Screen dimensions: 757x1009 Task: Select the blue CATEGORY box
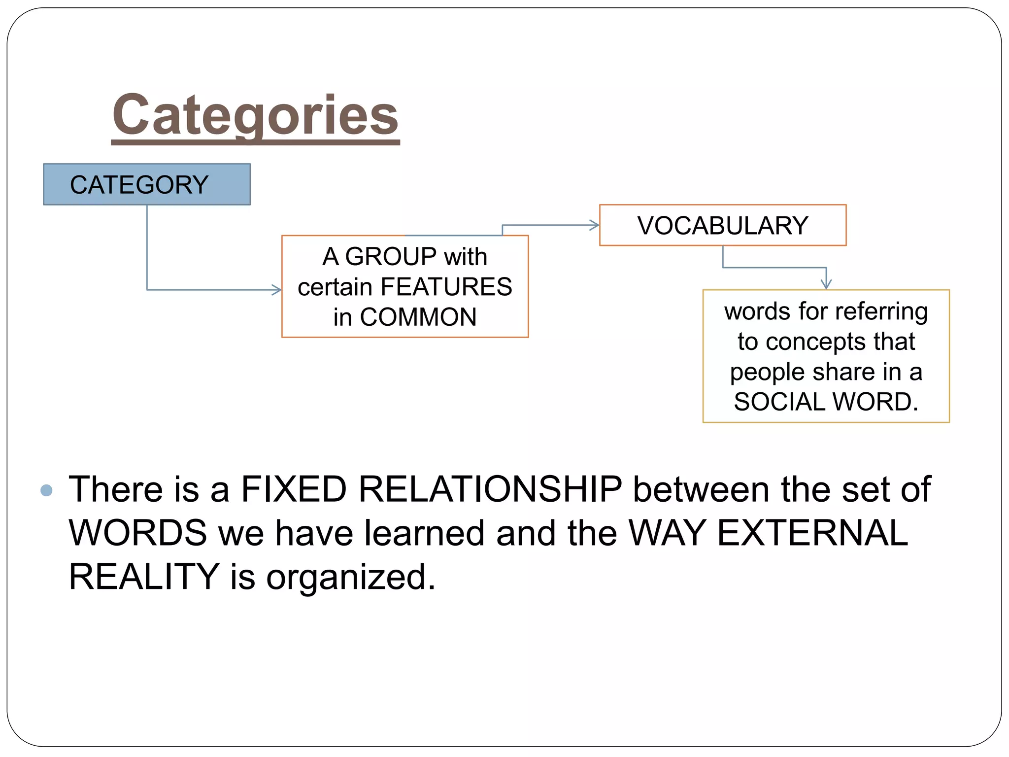tap(146, 184)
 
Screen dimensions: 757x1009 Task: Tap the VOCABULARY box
tap(722, 226)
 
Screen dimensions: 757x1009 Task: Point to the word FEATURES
tap(446, 287)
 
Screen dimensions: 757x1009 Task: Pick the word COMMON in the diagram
tap(418, 317)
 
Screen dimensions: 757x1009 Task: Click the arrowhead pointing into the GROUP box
tap(277, 290)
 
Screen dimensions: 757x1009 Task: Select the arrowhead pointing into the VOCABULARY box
tap(595, 226)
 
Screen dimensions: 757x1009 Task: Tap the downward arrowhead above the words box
tap(826, 284)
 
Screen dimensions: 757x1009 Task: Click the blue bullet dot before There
tap(46, 490)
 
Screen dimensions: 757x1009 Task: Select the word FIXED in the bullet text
tap(294, 489)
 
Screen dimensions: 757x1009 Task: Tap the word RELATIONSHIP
tap(490, 489)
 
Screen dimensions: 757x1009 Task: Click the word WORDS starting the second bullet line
tap(138, 533)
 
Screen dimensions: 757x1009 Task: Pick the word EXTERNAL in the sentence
tap(812, 533)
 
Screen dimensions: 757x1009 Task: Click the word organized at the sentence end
tap(351, 577)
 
